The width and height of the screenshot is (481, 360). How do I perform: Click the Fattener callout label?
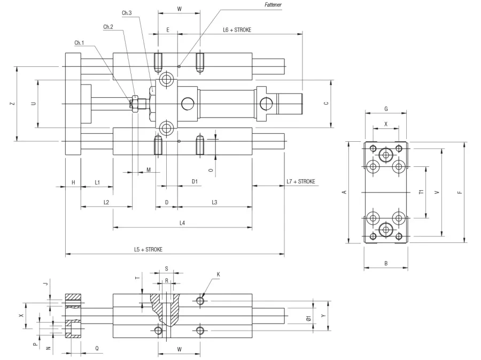273,5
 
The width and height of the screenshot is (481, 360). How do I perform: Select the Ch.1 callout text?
79,43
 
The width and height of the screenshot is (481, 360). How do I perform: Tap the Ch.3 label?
127,13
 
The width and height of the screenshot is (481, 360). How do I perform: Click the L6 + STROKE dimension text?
237,30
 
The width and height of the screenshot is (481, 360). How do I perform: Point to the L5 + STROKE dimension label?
148,249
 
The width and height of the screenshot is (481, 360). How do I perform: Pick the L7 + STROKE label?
300,181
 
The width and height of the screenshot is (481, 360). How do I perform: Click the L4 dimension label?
182,223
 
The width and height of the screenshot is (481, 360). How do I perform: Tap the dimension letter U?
34,104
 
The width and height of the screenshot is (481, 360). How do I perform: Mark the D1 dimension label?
195,181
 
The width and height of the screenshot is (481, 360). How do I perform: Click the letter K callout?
219,274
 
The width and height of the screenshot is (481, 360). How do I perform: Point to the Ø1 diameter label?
309,318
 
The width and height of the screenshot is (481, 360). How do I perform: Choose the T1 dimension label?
421,192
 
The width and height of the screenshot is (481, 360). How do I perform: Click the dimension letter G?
386,109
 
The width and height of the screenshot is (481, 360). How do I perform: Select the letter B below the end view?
386,263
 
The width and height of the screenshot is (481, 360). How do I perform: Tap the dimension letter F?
460,193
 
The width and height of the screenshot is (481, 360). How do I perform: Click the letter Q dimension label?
97,348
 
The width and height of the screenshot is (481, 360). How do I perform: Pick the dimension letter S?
167,269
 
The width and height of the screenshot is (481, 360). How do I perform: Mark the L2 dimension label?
106,202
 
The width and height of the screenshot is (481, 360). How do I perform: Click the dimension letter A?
344,192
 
